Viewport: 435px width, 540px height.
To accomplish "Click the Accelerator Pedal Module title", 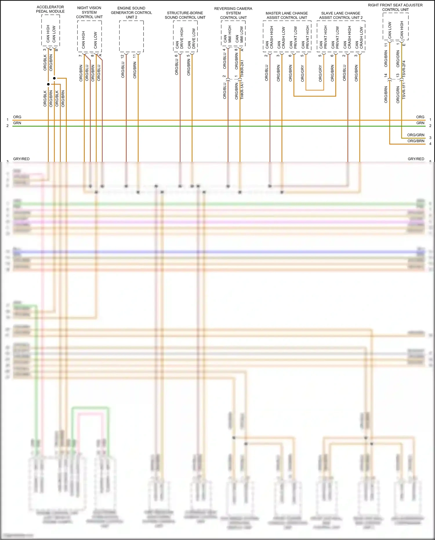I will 50,9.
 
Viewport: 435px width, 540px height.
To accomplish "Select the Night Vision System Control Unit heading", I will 89,12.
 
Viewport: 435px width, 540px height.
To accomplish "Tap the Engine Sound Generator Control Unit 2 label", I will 131,12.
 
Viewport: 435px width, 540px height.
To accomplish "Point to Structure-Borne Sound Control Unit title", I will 185,15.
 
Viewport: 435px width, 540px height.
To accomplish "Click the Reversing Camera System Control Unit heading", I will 233,13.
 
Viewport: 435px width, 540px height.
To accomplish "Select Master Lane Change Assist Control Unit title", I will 287,15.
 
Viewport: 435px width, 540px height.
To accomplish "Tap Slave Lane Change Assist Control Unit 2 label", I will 341,15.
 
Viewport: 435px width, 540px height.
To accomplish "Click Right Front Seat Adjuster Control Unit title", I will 395,7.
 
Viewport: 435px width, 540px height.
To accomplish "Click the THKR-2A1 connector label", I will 242,68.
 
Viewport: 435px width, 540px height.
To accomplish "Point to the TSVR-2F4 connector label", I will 404,69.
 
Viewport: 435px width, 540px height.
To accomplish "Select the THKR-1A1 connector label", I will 242,91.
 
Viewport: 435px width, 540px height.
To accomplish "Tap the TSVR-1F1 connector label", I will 404,91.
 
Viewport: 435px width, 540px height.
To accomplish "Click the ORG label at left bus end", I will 17,117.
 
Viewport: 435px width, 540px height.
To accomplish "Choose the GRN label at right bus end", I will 420,123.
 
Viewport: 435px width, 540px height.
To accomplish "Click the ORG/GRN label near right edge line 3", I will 416,135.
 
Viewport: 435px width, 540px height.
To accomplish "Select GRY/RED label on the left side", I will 21,159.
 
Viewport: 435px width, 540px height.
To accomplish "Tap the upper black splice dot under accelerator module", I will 54,78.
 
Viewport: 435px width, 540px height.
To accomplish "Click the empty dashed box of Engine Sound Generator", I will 131,36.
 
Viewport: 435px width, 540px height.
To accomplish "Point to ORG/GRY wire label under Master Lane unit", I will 302,73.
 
